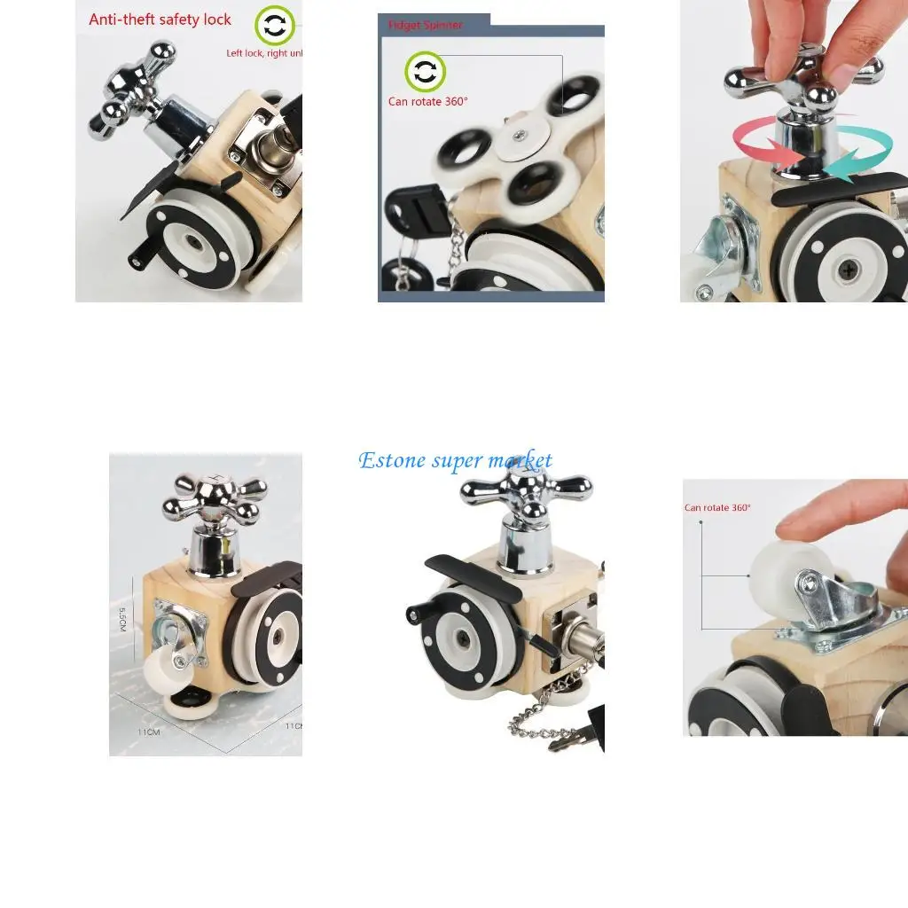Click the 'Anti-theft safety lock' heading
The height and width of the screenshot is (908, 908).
[160, 20]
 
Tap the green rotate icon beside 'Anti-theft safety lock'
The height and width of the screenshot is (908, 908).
[275, 26]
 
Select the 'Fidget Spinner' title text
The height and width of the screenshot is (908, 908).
[425, 25]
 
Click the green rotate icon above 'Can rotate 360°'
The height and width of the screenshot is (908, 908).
[426, 72]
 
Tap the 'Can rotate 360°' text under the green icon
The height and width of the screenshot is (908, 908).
[427, 101]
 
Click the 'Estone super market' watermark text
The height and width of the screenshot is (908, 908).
[455, 460]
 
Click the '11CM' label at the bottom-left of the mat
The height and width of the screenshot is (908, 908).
[148, 732]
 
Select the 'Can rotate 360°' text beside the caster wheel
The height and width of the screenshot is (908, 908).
[717, 508]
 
